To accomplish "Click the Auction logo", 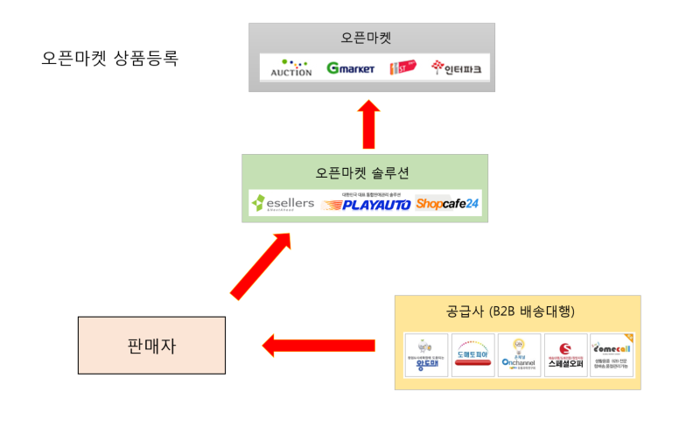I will (x=291, y=67).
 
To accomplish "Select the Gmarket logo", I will (x=350, y=68).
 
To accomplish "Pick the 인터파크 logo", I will (x=456, y=68).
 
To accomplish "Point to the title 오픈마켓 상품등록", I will (x=109, y=59).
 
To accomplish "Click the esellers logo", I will (x=283, y=204).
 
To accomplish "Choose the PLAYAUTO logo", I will (x=366, y=204).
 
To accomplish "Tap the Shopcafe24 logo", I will (x=447, y=204).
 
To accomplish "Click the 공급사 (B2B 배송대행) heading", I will (x=517, y=311).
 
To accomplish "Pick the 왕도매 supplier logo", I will (x=426, y=355).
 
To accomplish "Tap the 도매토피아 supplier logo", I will (x=473, y=355).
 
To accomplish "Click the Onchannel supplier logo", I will (x=520, y=355).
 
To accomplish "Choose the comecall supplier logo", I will (x=612, y=355).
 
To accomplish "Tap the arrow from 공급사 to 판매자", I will (x=318, y=346).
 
